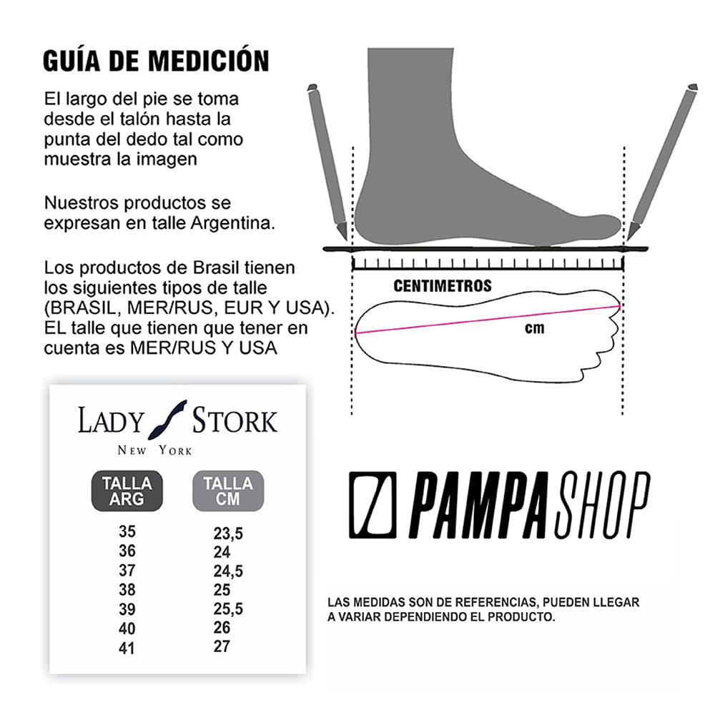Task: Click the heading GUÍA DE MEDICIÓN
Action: pyautogui.click(x=156, y=61)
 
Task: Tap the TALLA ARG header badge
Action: pyautogui.click(x=127, y=491)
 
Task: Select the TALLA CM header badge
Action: pyautogui.click(x=228, y=491)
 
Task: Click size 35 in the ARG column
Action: pyautogui.click(x=127, y=532)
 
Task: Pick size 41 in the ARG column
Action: pyautogui.click(x=127, y=649)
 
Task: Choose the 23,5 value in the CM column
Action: pyautogui.click(x=228, y=533)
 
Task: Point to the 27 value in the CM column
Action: pyautogui.click(x=222, y=646)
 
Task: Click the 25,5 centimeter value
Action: pyautogui.click(x=228, y=608)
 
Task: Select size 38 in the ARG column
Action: pyautogui.click(x=127, y=590)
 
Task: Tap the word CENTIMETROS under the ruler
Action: pyautogui.click(x=443, y=286)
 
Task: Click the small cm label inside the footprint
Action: pyautogui.click(x=534, y=328)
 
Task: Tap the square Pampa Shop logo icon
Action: pyautogui.click(x=373, y=505)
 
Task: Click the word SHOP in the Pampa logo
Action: pyautogui.click(x=602, y=505)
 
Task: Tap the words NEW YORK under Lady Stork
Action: pyautogui.click(x=154, y=450)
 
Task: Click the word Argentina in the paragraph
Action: pyautogui.click(x=232, y=223)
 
